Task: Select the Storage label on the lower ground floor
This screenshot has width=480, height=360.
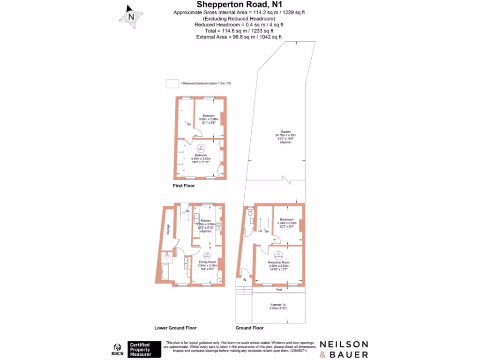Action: click(168, 229)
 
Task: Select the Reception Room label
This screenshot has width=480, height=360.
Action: click(279, 262)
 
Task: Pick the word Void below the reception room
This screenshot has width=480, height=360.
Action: click(278, 290)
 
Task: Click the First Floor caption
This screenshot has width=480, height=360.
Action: click(184, 186)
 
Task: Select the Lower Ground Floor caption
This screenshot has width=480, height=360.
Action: click(175, 328)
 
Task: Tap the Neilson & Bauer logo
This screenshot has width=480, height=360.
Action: click(344, 349)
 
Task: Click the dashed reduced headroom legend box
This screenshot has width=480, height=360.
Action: click(172, 83)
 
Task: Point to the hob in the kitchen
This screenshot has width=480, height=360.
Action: click(219, 225)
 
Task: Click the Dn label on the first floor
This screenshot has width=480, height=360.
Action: click(189, 124)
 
